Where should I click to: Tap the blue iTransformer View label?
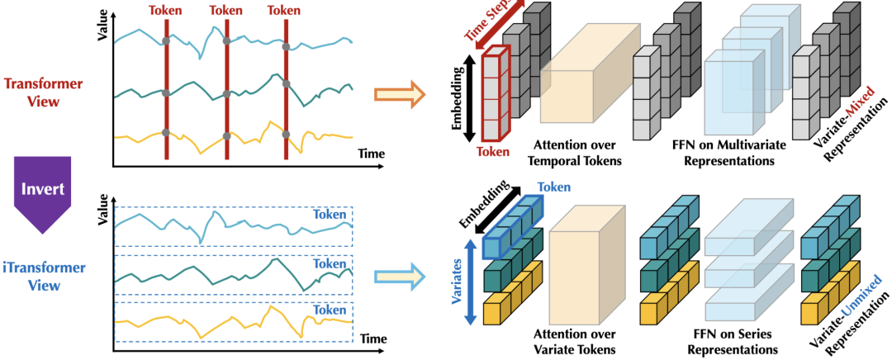[x=44, y=277]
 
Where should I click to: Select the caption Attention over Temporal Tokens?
[x=575, y=153]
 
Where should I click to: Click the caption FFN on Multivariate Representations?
[x=729, y=153]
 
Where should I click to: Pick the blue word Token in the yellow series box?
[x=330, y=310]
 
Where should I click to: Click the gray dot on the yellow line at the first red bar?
[x=165, y=133]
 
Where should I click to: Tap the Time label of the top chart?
[x=372, y=154]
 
